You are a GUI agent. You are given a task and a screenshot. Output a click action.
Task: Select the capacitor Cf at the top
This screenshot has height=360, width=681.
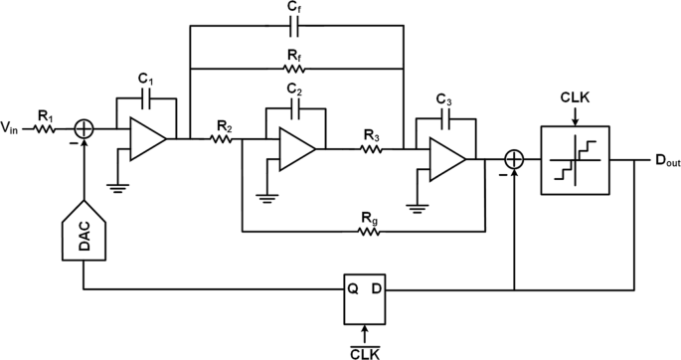295,27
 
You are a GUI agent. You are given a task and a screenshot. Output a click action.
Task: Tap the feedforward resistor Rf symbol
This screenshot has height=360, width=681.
295,70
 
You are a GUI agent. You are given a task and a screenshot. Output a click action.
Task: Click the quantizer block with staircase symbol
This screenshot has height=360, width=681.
575,158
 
